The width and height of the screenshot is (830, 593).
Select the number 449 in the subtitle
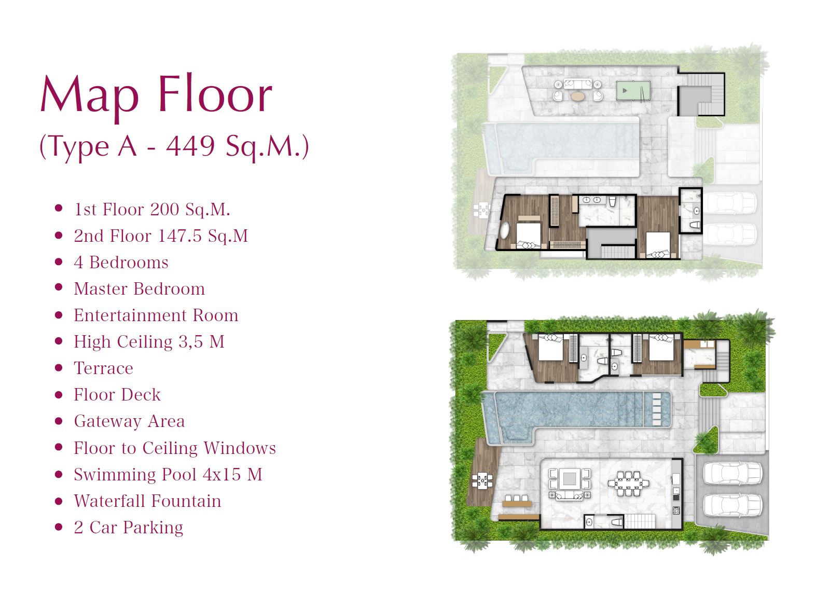[x=190, y=146]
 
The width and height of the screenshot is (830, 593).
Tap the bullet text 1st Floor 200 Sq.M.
[x=152, y=210]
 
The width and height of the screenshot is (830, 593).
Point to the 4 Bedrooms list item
[x=121, y=263]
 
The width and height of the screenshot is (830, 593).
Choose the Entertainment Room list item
[x=156, y=315]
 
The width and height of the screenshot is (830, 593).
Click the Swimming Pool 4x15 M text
[x=168, y=474]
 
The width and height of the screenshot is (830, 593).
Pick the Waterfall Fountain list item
[x=147, y=501]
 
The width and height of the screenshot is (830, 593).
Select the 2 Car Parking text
[x=129, y=528]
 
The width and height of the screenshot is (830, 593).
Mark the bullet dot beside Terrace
[x=59, y=368]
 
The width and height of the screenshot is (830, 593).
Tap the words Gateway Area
[x=129, y=421]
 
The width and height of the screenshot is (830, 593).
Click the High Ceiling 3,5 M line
[x=149, y=342]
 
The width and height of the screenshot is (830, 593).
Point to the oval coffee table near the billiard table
[x=578, y=96]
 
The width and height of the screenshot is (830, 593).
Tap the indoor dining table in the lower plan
[x=628, y=484]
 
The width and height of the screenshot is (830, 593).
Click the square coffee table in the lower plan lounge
[x=569, y=479]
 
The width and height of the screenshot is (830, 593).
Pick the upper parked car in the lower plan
[x=732, y=473]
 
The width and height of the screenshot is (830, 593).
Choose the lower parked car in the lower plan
[x=732, y=505]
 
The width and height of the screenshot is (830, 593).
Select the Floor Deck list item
[x=117, y=395]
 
